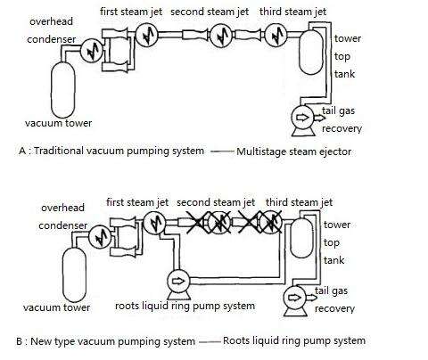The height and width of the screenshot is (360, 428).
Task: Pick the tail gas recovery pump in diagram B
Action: coord(294,301)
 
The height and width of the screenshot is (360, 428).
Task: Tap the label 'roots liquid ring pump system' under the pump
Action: coord(185,306)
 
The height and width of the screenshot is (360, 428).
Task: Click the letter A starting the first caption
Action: coord(21,151)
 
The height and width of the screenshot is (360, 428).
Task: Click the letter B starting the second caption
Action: coord(20,340)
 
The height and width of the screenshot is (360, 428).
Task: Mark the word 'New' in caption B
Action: coord(45,340)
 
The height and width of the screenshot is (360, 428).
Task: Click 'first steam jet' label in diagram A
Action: coord(129,12)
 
